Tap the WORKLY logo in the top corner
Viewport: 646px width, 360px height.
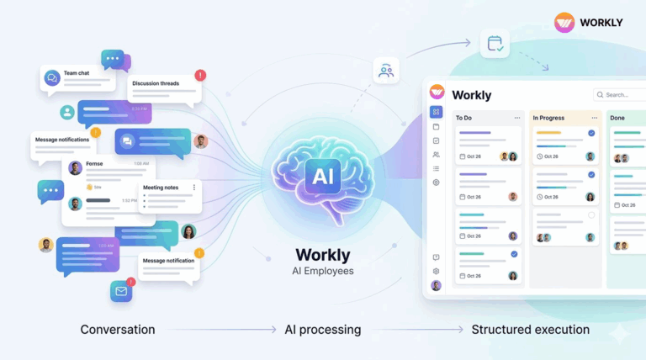tap(588, 22)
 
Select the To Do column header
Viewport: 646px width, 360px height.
tap(464, 118)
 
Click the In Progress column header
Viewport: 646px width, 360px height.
tap(548, 118)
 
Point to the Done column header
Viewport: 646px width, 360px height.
tap(617, 118)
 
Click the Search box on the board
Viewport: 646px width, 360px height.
tap(621, 95)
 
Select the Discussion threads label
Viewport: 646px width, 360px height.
tap(163, 83)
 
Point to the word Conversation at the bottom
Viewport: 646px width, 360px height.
tap(118, 330)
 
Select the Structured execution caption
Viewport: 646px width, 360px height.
tap(530, 330)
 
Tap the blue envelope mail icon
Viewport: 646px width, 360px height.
tap(121, 292)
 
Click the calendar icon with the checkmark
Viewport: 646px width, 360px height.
tap(495, 44)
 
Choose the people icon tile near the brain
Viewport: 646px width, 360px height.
tap(386, 71)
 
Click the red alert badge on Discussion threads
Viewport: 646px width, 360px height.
tap(199, 75)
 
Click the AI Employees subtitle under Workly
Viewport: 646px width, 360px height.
tap(323, 271)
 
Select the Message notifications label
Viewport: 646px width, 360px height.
tap(62, 138)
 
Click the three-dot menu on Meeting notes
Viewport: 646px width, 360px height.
tap(194, 188)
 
